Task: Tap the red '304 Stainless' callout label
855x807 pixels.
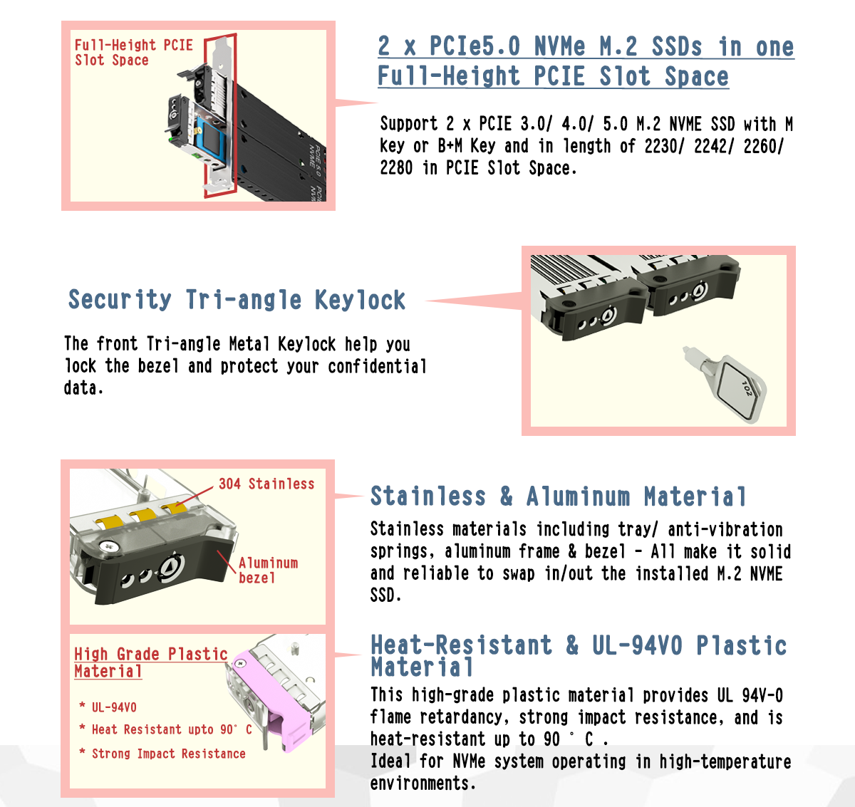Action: tap(266, 484)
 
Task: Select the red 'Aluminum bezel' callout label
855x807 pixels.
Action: tap(268, 571)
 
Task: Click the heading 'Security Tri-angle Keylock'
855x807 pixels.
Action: tap(237, 300)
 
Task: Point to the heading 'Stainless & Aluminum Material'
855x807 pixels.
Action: tap(558, 496)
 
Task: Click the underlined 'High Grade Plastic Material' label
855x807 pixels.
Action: tap(150, 662)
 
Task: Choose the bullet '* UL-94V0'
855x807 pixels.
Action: tap(108, 707)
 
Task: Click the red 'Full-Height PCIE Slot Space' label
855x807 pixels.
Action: tap(133, 52)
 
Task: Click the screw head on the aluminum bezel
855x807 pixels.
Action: tap(106, 546)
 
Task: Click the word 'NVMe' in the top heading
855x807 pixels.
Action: tap(560, 46)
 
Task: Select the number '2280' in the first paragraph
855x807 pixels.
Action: tap(396, 168)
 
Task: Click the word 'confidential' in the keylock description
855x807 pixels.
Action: tap(378, 366)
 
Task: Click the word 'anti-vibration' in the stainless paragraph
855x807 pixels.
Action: tap(725, 529)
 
